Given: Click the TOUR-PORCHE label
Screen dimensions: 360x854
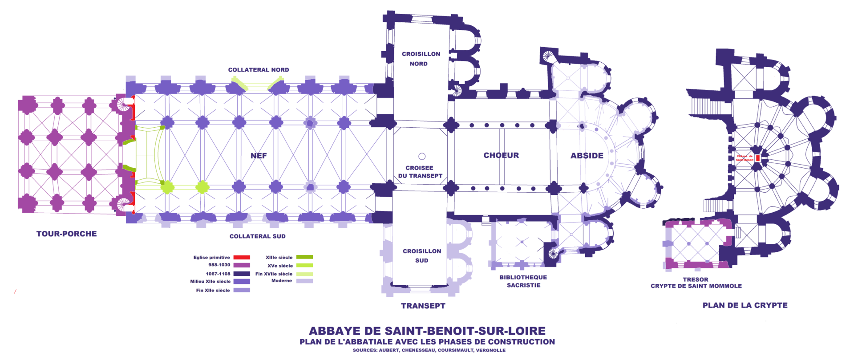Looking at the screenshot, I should pyautogui.click(x=66, y=234).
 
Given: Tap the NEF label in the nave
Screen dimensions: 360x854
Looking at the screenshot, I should pyautogui.click(x=259, y=156).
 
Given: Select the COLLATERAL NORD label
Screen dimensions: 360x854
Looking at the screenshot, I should pyautogui.click(x=259, y=70).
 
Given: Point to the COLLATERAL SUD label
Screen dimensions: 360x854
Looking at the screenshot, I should pyautogui.click(x=257, y=236).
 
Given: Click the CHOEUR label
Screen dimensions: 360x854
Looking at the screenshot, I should pyautogui.click(x=501, y=155).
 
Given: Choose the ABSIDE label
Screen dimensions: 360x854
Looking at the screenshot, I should pyautogui.click(x=587, y=156).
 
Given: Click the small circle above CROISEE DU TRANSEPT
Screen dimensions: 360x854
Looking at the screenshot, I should pyautogui.click(x=422, y=156).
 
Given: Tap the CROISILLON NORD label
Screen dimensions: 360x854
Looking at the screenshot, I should pyautogui.click(x=421, y=59).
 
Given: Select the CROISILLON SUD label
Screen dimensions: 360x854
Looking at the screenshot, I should pyautogui.click(x=422, y=255).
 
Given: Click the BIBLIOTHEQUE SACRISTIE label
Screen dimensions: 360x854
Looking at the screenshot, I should pyautogui.click(x=523, y=281).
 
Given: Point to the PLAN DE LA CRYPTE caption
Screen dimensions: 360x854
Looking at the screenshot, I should pyautogui.click(x=745, y=305).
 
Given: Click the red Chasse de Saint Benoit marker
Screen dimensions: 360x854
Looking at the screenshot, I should pyautogui.click(x=757, y=158).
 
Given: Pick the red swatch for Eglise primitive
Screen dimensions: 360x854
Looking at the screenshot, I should pyautogui.click(x=242, y=257).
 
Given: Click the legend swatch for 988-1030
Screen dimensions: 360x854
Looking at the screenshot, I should pyautogui.click(x=242, y=265).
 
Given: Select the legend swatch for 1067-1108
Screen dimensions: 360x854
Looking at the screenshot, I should pyautogui.click(x=242, y=274).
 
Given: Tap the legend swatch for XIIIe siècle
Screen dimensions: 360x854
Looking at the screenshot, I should pyautogui.click(x=304, y=257).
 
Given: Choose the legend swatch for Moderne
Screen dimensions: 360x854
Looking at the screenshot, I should pyautogui.click(x=304, y=281).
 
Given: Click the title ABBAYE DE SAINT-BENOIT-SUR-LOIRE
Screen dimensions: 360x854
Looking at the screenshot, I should pyautogui.click(x=427, y=331).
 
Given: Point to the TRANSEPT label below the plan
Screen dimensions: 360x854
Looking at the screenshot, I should pyautogui.click(x=423, y=306).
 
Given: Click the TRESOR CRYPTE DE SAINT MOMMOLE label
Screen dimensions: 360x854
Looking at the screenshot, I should pyautogui.click(x=696, y=283).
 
